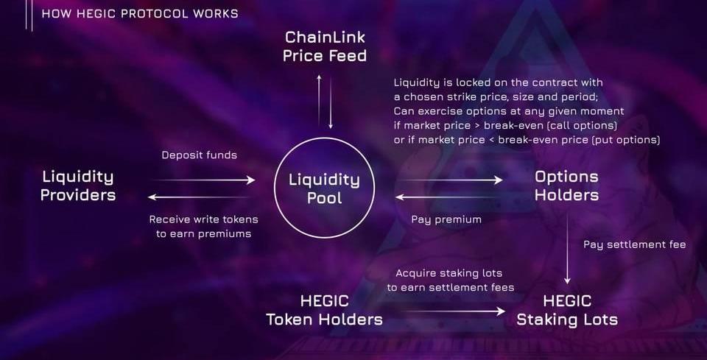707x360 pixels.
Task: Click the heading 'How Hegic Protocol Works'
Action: tap(140, 13)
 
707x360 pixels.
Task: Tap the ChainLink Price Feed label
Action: tap(325, 46)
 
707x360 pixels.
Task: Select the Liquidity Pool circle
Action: tap(324, 139)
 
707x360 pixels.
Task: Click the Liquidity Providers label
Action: tap(78, 186)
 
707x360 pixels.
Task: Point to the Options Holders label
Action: tap(567, 186)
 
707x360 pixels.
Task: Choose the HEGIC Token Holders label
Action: tap(324, 310)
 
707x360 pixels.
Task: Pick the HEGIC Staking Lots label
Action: tap(567, 310)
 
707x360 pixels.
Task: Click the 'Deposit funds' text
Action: tap(200, 155)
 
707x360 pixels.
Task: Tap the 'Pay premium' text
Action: tap(446, 219)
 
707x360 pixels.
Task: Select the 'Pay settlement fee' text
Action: tap(635, 244)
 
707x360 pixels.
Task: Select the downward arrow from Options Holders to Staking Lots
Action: tap(567, 249)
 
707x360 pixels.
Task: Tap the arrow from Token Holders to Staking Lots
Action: tap(455, 311)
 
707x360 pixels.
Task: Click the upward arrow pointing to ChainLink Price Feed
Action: tap(319, 99)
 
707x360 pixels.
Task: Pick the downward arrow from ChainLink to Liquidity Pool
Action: tap(331, 103)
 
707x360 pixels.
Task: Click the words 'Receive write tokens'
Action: tap(204, 219)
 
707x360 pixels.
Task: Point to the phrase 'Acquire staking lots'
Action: tap(449, 273)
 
